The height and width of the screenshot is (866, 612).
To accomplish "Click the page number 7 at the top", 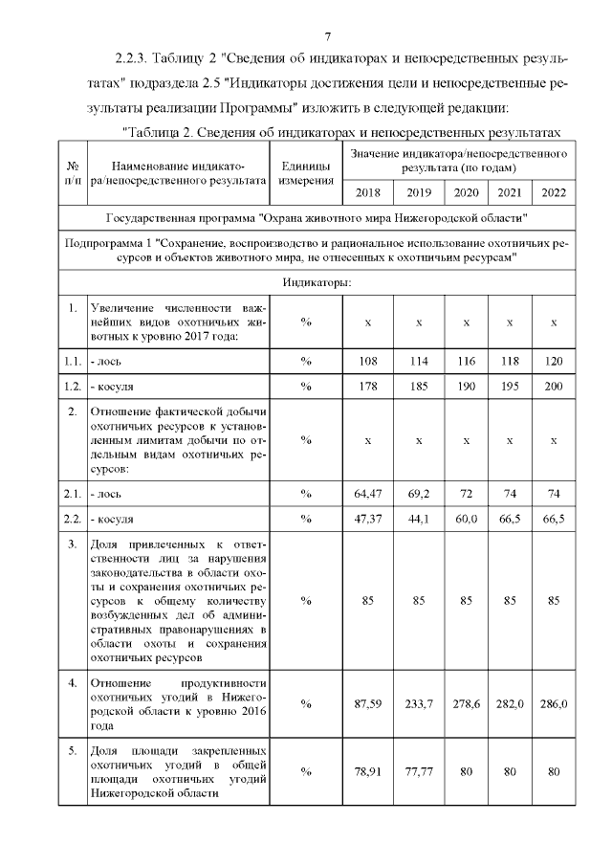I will (x=328, y=37).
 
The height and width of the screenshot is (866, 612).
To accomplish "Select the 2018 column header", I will (x=367, y=192).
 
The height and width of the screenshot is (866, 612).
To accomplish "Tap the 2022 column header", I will (x=554, y=192).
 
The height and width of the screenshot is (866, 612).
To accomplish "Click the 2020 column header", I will (x=466, y=192).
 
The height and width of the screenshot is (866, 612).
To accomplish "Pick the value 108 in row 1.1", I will (x=367, y=363).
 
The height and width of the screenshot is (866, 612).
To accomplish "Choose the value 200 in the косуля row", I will (x=554, y=386).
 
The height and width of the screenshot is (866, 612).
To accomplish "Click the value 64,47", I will (x=367, y=493).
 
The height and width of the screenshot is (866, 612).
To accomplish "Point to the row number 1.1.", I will (x=72, y=363).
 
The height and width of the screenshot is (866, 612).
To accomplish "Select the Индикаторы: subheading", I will (x=317, y=282).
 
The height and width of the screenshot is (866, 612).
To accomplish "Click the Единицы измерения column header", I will (x=306, y=171).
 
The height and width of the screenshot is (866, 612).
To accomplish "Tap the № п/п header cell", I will (x=72, y=171).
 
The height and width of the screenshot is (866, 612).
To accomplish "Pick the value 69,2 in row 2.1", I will (x=419, y=493).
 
